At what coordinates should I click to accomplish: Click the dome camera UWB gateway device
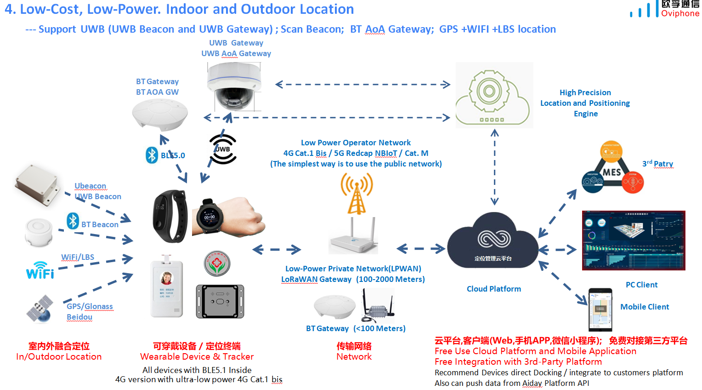pyautogui.click(x=234, y=85)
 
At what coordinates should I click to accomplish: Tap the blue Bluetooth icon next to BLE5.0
pyautogui.click(x=152, y=155)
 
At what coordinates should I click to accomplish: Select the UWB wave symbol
pyautogui.click(x=223, y=149)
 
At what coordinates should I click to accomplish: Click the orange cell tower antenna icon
pyautogui.click(x=357, y=194)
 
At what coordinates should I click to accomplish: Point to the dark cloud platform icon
pyautogui.click(x=493, y=241)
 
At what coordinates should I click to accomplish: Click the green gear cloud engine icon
pyautogui.click(x=494, y=95)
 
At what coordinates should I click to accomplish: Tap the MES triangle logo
pyautogui.click(x=612, y=169)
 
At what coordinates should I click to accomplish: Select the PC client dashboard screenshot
pyautogui.click(x=634, y=240)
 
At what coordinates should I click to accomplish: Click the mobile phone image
pyautogui.click(x=600, y=309)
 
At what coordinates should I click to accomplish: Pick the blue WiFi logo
pyautogui.click(x=40, y=270)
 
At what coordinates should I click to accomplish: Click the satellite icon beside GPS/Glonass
pyautogui.click(x=39, y=309)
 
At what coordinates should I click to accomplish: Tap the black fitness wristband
pyautogui.click(x=170, y=216)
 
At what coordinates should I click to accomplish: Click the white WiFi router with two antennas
pyautogui.click(x=353, y=237)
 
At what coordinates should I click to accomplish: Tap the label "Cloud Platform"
pyautogui.click(x=494, y=289)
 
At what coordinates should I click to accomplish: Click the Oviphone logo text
pyautogui.click(x=680, y=13)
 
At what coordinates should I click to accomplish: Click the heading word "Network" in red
pyautogui.click(x=354, y=356)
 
